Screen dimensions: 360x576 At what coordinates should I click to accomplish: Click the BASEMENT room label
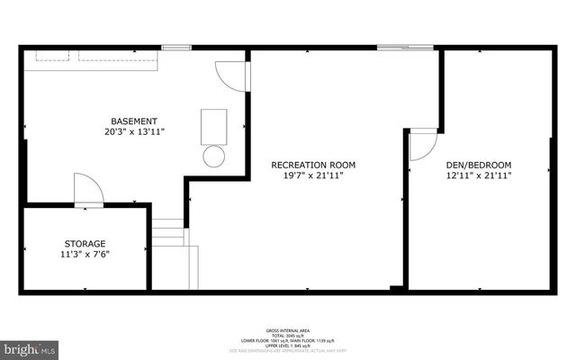pos(134,121)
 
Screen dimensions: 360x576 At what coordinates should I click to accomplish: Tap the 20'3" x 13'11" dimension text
pos(134,132)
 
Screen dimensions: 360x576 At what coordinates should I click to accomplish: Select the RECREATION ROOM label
pos(313,165)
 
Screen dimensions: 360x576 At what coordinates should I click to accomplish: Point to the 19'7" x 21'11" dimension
pos(313,175)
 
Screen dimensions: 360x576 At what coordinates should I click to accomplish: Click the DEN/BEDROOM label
pos(478,165)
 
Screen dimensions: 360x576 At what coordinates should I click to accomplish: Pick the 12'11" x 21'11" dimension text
pos(478,175)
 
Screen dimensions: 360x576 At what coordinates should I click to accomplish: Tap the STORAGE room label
pos(85,243)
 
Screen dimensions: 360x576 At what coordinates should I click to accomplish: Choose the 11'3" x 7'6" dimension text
pos(85,254)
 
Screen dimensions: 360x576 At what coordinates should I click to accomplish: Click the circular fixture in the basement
pos(214,156)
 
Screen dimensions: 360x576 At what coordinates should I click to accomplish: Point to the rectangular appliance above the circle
pos(214,123)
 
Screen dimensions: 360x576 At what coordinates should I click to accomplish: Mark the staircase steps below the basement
pos(167,236)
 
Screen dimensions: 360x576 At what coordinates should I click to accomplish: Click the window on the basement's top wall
pos(176,47)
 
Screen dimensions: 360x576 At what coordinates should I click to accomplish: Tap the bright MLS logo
pos(30,346)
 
